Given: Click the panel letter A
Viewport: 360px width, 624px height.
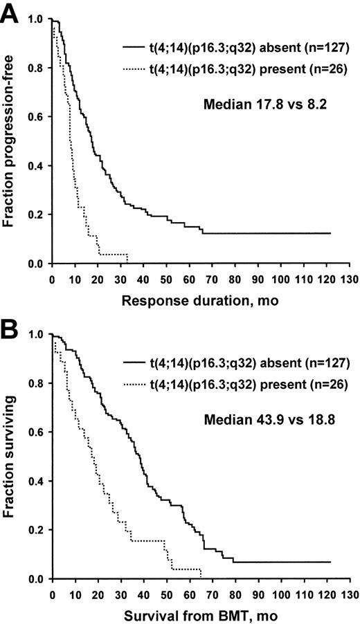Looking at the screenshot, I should pyautogui.click(x=12, y=15).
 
